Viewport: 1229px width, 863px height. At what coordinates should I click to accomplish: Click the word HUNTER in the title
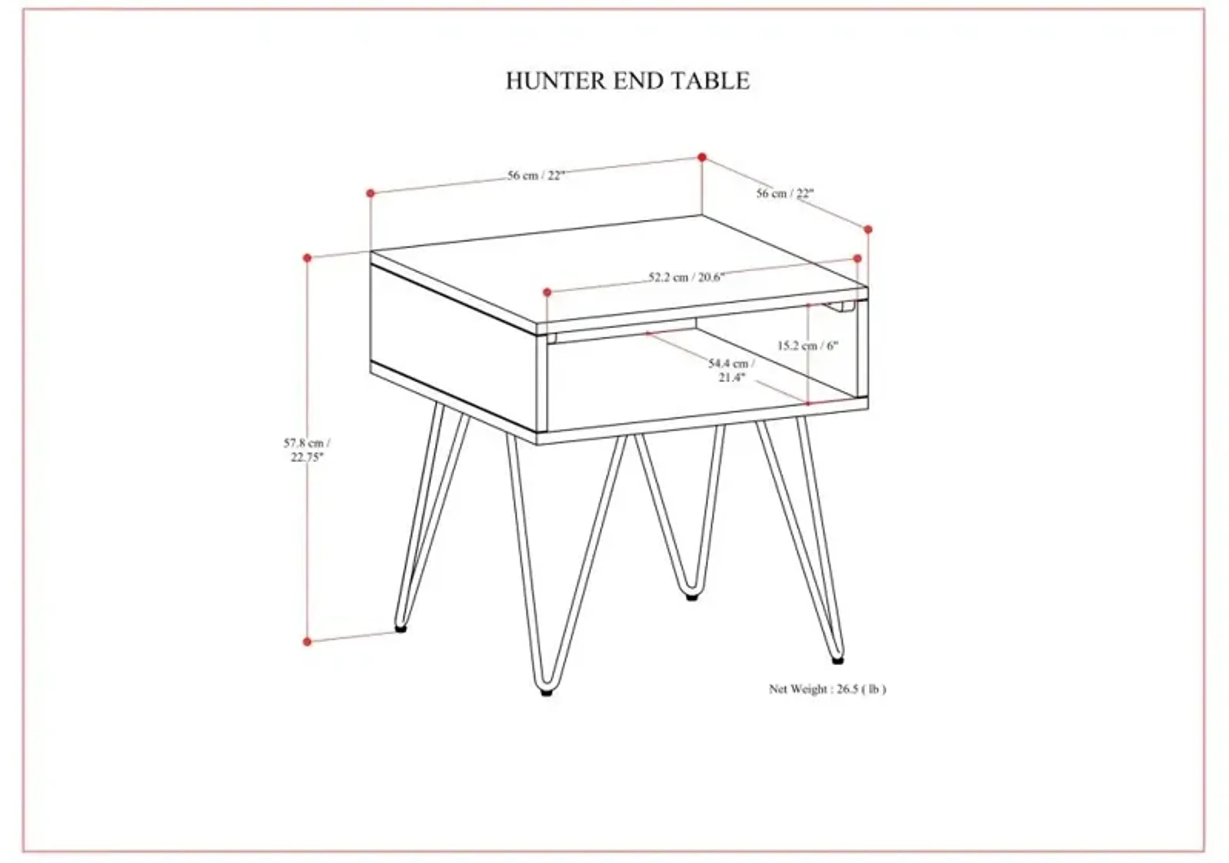[x=556, y=81]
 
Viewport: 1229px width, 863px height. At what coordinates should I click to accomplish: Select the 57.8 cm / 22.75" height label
[x=307, y=450]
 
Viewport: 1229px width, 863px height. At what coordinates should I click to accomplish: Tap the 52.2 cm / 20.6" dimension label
[x=686, y=277]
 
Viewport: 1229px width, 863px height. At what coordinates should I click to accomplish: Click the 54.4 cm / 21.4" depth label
[x=732, y=370]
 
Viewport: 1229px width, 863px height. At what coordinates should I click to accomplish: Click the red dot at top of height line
[x=307, y=258]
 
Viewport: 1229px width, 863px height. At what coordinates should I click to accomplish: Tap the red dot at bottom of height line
[x=307, y=641]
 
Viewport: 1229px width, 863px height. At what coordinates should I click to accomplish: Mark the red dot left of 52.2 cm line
[x=547, y=292]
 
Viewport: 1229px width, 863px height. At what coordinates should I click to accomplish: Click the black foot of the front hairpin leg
[x=547, y=692]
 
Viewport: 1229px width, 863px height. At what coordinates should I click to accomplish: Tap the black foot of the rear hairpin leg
[x=692, y=597]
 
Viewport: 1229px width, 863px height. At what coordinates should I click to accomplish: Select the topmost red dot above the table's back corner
[x=702, y=157]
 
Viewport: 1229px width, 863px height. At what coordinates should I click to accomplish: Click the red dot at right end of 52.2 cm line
[x=857, y=259]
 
